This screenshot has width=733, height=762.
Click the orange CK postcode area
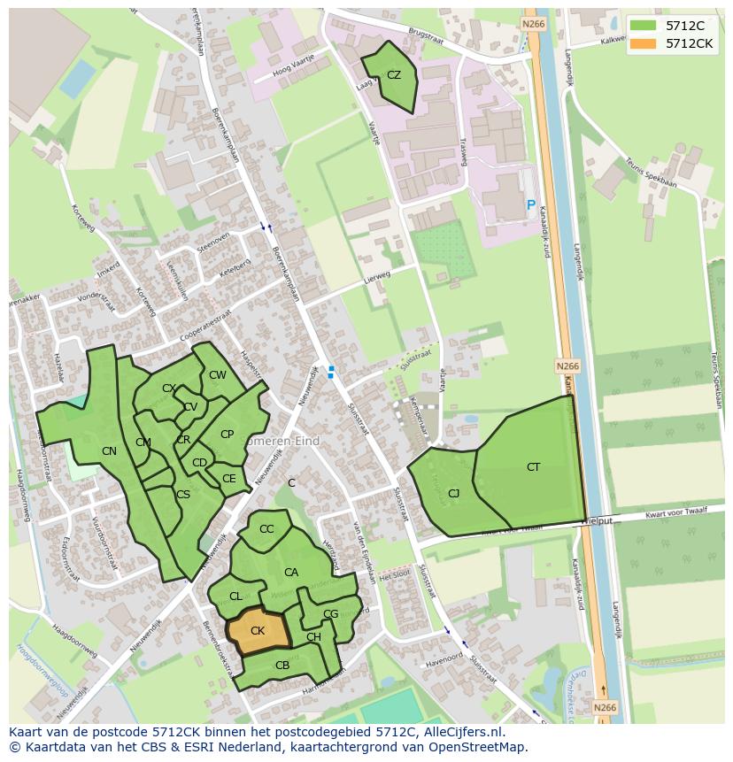point(258,632)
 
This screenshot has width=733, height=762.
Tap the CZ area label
point(394,75)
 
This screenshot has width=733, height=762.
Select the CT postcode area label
point(533,466)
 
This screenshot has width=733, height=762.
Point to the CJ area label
point(453,494)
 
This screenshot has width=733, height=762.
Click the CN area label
point(109,451)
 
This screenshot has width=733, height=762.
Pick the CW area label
point(218,375)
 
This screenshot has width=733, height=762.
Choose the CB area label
point(282,666)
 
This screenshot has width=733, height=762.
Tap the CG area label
point(330,613)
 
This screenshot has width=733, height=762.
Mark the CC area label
point(266,529)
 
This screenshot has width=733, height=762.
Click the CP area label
point(227,435)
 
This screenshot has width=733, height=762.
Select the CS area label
point(183,495)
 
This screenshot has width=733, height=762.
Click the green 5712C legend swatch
point(644,25)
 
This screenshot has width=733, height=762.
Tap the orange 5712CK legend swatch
point(644,42)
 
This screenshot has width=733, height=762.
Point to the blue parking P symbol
point(530,205)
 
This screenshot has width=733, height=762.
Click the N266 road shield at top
point(533,24)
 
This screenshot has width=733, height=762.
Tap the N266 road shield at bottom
point(604,707)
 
